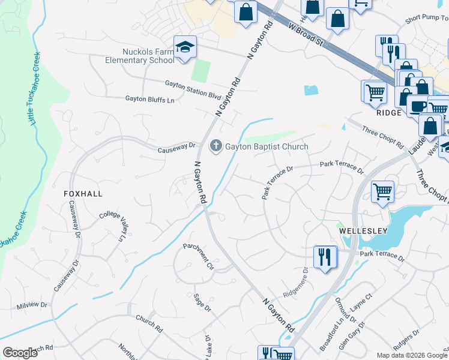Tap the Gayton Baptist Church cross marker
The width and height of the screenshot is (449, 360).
pos(215,146)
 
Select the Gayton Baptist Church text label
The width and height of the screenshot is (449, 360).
pos(267,146)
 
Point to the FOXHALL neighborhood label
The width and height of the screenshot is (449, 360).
pos(83,194)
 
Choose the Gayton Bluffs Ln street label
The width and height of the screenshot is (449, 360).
pos(149,99)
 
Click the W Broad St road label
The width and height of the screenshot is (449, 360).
pos(306,35)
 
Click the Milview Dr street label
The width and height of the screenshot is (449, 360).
pos(32,305)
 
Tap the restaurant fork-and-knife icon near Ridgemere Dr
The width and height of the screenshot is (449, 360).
pos(325,257)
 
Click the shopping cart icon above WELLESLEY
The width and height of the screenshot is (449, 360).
pos(382,192)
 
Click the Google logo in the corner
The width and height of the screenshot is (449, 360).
pos(20,353)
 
